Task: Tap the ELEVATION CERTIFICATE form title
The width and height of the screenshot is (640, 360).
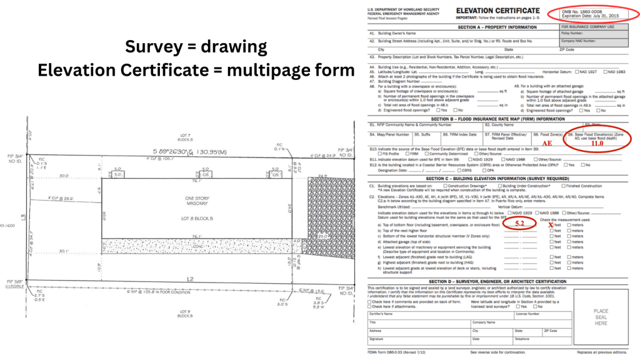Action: [497, 11]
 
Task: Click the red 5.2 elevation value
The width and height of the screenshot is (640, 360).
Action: [519, 223]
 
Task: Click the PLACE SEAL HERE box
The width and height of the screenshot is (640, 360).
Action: [601, 317]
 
